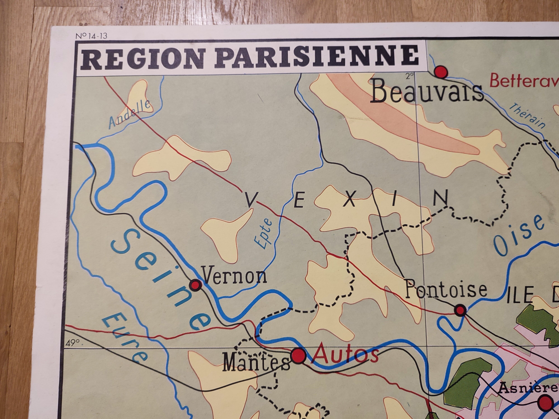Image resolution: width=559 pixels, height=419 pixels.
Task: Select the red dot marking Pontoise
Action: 460,310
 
